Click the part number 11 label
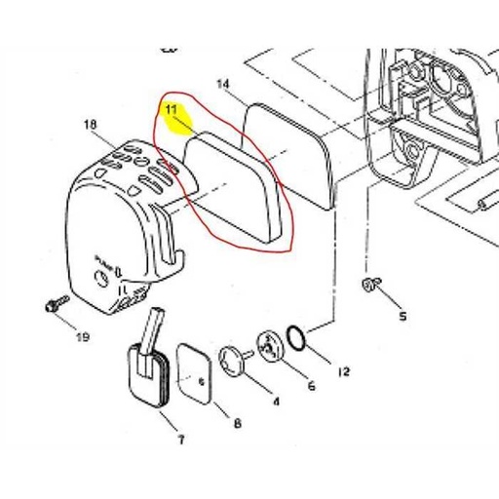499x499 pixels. (x=172, y=110)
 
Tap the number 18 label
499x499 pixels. (x=91, y=125)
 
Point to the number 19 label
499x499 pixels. (x=83, y=338)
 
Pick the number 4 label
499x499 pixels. (x=275, y=400)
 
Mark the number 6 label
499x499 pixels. (x=311, y=386)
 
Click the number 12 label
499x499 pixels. (x=342, y=371)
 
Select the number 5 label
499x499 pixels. (x=403, y=317)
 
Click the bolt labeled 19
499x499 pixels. (x=48, y=307)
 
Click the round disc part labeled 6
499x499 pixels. (x=266, y=346)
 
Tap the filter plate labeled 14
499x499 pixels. (x=290, y=151)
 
